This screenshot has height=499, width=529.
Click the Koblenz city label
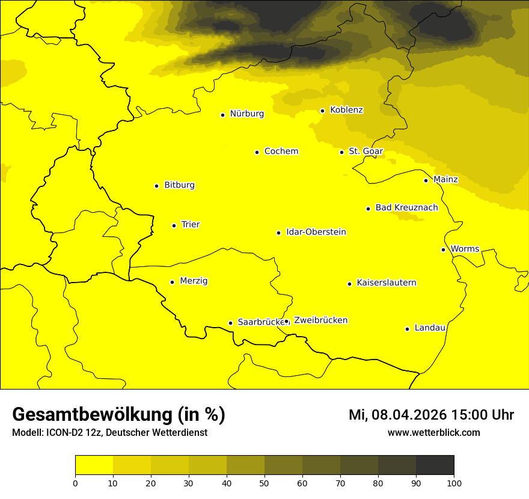pos(347,110)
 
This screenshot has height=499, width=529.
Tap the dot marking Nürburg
pos(222,115)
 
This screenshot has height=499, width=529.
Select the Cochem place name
pos(281,152)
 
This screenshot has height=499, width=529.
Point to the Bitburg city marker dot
pos(156,186)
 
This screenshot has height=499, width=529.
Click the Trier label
pos(191,225)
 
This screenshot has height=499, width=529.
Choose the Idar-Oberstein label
pos(316,232)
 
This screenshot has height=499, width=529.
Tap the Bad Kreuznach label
pos(406,208)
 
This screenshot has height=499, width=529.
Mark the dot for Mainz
pos(426,180)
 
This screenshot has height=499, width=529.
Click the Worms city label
pos(465,249)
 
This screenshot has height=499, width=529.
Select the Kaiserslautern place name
pos(387,283)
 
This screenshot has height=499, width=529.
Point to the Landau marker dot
pos(407,329)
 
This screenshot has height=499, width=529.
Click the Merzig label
pos(194,281)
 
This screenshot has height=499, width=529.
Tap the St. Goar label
pos(366,152)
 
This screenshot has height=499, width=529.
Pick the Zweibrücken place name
pos(320,320)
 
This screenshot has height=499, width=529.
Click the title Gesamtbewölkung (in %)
pos(118,415)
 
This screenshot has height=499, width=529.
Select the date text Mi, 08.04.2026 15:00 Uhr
pos(431,415)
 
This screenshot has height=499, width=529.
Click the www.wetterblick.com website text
pos(433,432)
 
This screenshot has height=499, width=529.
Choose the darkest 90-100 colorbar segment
pos(435,465)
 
